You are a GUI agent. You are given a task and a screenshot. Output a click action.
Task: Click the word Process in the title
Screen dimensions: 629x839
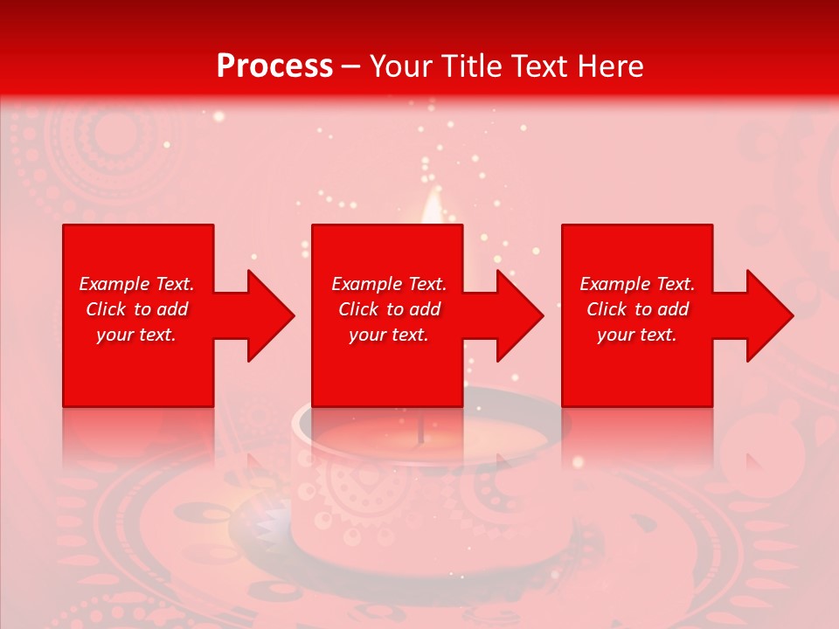pyautogui.click(x=274, y=66)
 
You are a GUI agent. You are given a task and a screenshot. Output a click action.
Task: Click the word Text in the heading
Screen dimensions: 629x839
pyautogui.click(x=537, y=66)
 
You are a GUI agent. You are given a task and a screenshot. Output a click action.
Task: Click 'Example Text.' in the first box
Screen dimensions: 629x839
pyautogui.click(x=136, y=284)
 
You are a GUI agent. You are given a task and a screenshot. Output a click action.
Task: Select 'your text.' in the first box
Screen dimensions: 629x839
pyautogui.click(x=136, y=335)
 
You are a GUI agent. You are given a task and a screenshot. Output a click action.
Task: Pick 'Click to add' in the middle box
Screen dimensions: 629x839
pyautogui.click(x=389, y=309)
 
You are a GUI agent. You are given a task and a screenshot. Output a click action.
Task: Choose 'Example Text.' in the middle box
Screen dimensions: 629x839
pyautogui.click(x=389, y=284)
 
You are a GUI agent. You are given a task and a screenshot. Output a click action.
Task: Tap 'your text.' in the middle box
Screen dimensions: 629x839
pyautogui.click(x=389, y=335)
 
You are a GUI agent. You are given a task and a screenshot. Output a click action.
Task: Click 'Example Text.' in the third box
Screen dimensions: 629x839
pyautogui.click(x=637, y=284)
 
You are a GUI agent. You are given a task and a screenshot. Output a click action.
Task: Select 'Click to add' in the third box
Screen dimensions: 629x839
pyautogui.click(x=637, y=309)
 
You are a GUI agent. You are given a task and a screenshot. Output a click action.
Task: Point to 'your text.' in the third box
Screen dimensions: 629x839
pyautogui.click(x=637, y=335)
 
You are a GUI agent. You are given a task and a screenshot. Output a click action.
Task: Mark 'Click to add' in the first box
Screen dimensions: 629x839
pyautogui.click(x=136, y=309)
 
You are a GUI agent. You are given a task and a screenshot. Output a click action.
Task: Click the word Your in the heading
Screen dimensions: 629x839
pyautogui.click(x=397, y=66)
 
